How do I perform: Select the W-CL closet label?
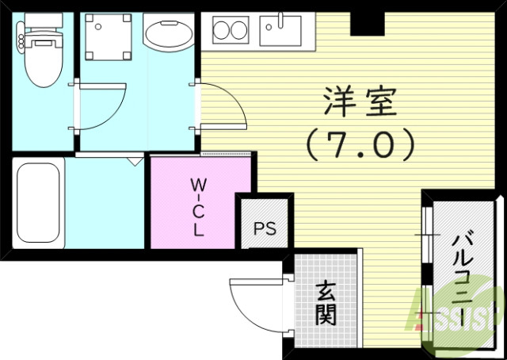[197, 207]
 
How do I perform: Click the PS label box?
[265, 229]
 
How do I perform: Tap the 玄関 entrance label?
[324, 304]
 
